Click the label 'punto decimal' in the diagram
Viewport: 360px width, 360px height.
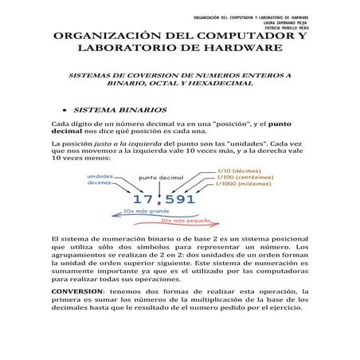coord(162,178)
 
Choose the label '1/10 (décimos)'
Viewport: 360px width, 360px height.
coord(244,170)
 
